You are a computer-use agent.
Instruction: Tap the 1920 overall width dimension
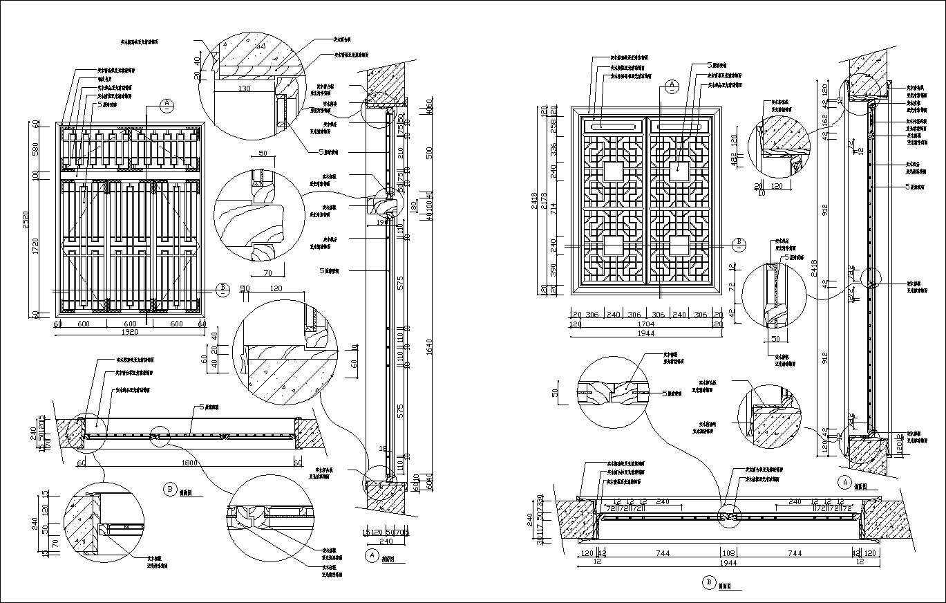130,332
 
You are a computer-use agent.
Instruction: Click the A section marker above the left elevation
167,105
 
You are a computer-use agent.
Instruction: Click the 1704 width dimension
646,323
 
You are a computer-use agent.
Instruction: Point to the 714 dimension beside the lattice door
554,209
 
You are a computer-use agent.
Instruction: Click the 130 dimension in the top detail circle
243,89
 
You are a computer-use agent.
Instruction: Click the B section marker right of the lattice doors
738,243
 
